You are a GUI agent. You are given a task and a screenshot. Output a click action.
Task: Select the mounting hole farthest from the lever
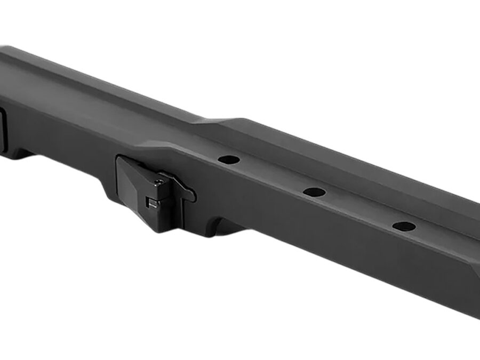(404, 226)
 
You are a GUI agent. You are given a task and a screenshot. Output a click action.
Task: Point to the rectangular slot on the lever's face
(151, 202)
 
